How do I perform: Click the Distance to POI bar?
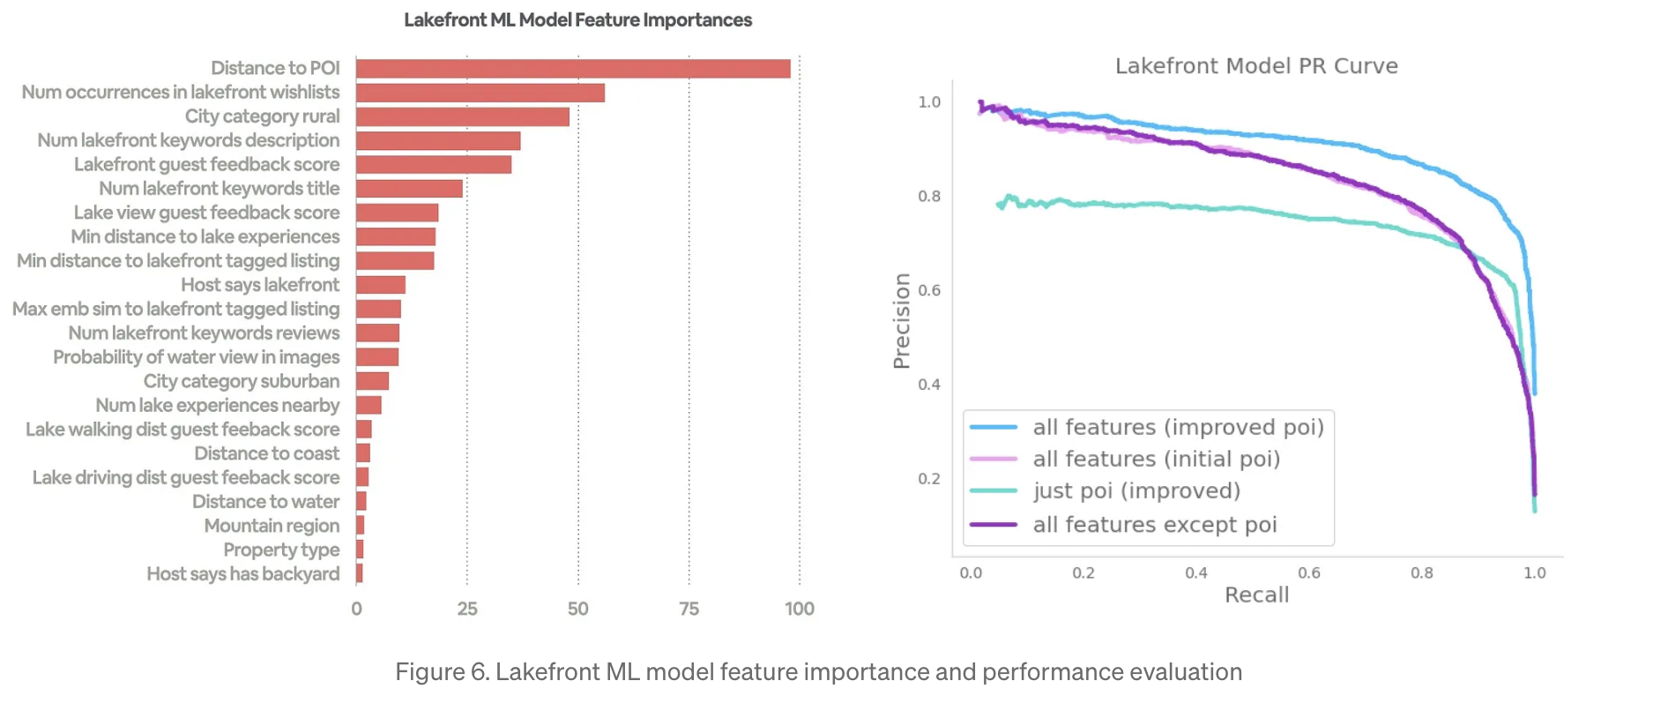tap(573, 69)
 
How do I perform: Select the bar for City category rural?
tap(463, 116)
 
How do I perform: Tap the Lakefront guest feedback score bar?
tap(434, 165)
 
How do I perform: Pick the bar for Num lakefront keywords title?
tap(409, 189)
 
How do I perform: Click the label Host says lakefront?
tap(260, 285)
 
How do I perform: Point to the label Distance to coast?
tap(266, 453)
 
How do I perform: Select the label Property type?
tap(281, 550)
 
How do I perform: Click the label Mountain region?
tap(272, 526)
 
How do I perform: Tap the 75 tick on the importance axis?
tap(689, 609)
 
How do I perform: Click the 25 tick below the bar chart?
tap(467, 609)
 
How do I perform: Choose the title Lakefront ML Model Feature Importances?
tap(577, 20)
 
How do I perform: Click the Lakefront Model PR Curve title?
tap(1256, 66)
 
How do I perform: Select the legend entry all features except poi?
tap(1155, 525)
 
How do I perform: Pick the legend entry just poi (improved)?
tap(1136, 491)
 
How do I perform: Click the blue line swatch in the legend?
tap(994, 428)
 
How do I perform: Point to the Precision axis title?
tap(901, 321)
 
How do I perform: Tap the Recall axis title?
tap(1256, 595)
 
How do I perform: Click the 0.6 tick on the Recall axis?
tap(1309, 573)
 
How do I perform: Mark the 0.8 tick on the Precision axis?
tap(929, 197)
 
